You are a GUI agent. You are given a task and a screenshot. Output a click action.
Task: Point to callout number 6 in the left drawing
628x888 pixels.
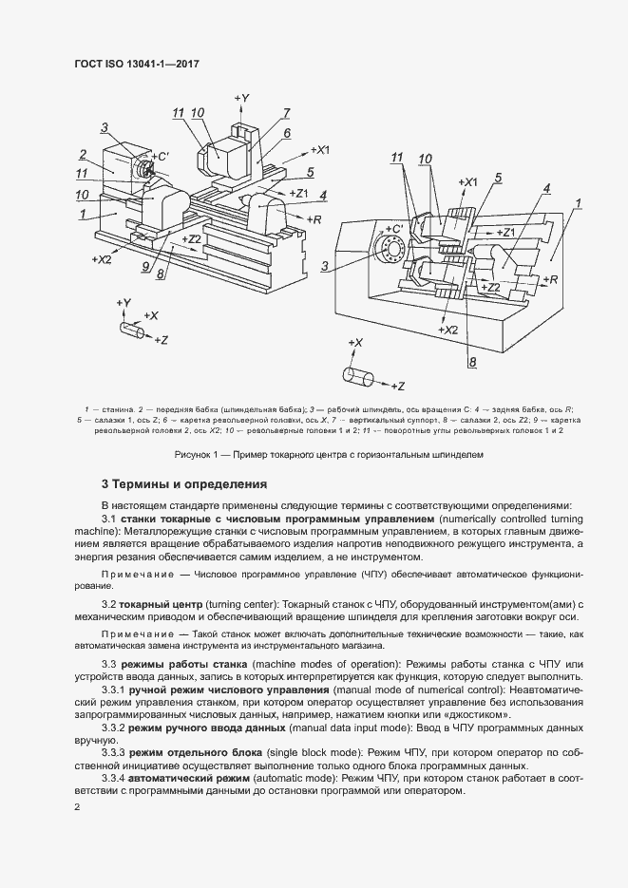(286, 134)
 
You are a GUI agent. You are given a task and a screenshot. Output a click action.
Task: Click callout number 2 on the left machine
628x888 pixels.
(84, 155)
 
